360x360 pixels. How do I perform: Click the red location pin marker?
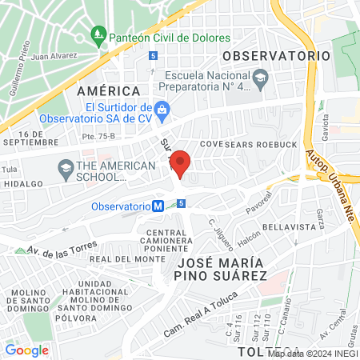click(x=181, y=163)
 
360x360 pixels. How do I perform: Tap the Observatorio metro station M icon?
click(x=158, y=206)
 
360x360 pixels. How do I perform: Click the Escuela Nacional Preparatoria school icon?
click(x=261, y=78)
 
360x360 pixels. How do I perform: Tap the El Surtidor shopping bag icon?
click(x=162, y=108)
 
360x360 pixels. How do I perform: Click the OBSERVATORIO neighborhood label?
click(x=276, y=56)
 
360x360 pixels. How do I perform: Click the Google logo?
click(x=26, y=350)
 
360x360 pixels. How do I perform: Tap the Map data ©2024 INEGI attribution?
click(x=313, y=354)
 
